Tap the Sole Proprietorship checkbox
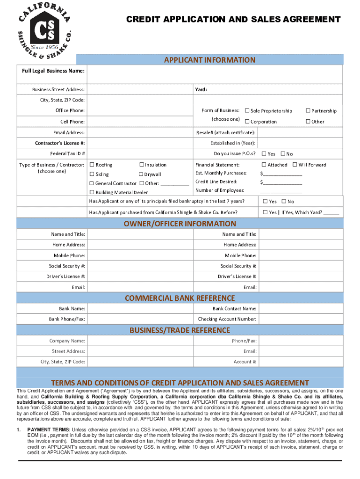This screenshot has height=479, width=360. click(247, 111)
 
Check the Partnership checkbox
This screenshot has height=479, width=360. click(308, 111)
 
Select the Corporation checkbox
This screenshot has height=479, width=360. click(247, 122)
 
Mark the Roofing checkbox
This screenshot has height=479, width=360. click(92, 165)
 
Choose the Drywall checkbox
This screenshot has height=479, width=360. click(141, 174)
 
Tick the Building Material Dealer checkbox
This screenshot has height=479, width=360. click(92, 192)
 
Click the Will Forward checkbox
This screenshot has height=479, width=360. click(295, 165)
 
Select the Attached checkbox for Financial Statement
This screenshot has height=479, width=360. click(264, 165)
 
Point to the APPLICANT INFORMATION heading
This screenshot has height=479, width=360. click(209, 60)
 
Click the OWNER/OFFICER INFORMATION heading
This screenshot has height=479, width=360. click(180, 224)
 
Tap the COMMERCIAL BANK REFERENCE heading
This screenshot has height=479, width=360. click(180, 298)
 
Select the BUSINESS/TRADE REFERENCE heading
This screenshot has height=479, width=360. click(180, 330)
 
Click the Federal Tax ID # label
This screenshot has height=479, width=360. click(67, 153)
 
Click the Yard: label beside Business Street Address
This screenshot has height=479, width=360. click(201, 89)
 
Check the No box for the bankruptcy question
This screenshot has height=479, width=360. click(283, 202)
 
